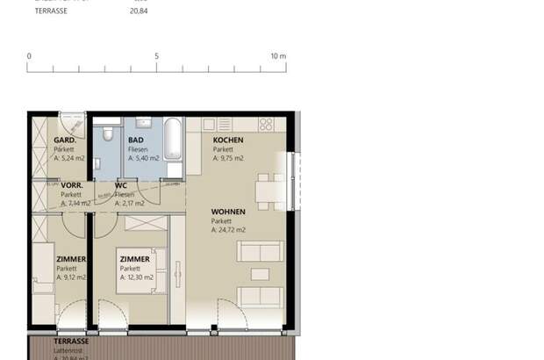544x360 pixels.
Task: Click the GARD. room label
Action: [64, 140]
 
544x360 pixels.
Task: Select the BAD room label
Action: [136, 140]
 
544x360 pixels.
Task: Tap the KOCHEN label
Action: [227, 140]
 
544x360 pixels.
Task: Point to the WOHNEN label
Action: [227, 212]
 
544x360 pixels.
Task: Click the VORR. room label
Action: [71, 186]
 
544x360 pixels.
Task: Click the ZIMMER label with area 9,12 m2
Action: [71, 260]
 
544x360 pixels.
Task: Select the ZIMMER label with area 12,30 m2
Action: [135, 260]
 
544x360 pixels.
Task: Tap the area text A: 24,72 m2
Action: [228, 230]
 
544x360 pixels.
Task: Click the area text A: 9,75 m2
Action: [228, 159]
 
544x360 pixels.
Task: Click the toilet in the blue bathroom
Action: [106, 133]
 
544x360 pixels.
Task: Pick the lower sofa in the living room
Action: [261, 296]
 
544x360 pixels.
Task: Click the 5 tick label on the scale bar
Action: [157, 56]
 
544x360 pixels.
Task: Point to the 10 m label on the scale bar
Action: [278, 56]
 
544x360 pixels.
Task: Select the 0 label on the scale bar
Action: [29, 56]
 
